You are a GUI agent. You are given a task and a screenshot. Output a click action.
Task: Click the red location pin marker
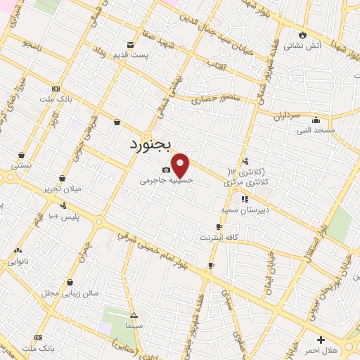tap(181, 165)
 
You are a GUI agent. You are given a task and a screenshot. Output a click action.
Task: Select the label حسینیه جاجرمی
tap(166, 180)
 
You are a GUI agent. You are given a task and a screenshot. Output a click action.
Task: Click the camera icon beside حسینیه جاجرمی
tap(166, 169)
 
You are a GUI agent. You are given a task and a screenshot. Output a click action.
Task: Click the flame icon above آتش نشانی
tap(303, 34)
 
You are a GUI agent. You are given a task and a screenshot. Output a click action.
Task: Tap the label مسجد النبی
tap(316, 131)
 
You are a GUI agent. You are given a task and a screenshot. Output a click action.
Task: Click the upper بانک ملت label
tap(57, 100)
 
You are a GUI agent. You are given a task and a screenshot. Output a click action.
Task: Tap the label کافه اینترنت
tap(218, 237)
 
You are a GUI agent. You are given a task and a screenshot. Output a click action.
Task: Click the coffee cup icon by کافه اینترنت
tap(219, 226)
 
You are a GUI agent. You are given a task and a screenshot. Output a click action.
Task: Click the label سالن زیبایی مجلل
tap(60, 292)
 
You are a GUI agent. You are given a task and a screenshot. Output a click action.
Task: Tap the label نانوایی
tap(18, 261)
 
